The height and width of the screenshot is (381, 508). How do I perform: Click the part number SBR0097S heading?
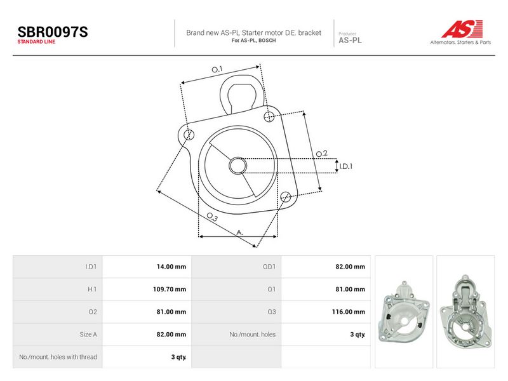pos(53,32)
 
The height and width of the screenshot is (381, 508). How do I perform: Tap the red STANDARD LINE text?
pos(36,42)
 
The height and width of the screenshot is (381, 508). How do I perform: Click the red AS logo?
pos(462,29)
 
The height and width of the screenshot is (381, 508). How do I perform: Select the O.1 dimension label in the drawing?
pos(217,69)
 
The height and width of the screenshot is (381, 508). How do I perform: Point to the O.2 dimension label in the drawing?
pos(321,154)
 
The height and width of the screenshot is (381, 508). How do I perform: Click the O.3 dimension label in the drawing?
pos(212,217)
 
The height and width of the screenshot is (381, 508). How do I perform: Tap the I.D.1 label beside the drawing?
pos(346,166)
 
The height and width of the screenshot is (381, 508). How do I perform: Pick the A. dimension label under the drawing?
pos(240,232)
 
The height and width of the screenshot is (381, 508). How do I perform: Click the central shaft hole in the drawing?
pos(237,166)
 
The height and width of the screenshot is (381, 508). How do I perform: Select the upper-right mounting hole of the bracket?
pos(269,116)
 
